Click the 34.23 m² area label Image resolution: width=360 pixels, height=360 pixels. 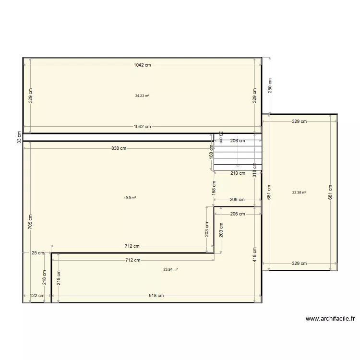pos(142,96)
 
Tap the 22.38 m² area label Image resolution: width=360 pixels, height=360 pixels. pos(300,192)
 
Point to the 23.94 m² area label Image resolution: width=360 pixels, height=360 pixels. pos(170,270)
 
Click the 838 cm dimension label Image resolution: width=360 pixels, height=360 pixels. pos(119,148)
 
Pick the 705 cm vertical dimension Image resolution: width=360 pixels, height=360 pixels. pos(30,222)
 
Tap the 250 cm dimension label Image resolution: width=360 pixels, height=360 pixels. pos(270,85)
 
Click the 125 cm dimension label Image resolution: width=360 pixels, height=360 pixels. pos(36,253)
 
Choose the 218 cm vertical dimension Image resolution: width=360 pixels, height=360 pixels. pos(44,277)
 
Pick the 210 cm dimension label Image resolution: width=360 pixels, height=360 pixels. pos(238,173)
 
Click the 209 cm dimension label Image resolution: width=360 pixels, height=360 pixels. pos(237,200)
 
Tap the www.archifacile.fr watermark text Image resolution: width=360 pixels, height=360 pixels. pos(330,318)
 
